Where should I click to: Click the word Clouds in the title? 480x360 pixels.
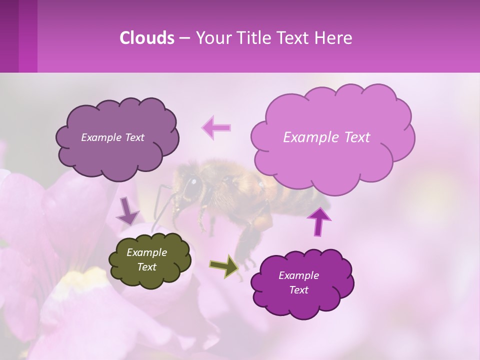coord(146,38)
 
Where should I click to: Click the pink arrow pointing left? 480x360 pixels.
coord(216,127)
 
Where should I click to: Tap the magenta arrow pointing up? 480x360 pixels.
coord(319,221)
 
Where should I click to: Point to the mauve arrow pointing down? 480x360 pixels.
coord(127,210)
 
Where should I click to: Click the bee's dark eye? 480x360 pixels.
coord(192,185)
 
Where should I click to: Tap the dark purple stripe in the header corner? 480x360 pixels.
coord(9,36)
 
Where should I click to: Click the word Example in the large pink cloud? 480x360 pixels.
coord(305,137)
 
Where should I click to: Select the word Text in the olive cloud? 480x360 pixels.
coord(147,267)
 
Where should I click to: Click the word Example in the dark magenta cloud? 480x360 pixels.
coord(298,275)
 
